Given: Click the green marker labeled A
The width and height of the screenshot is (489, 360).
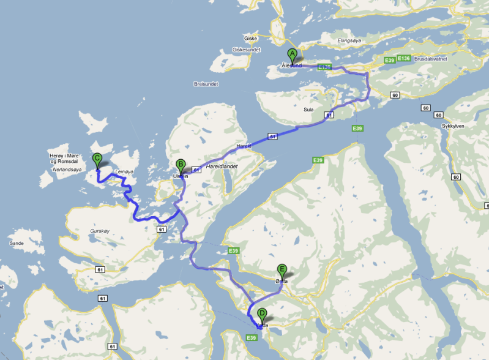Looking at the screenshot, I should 292,54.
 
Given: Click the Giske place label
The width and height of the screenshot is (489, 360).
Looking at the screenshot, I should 250,38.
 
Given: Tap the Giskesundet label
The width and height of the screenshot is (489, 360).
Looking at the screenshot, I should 246,50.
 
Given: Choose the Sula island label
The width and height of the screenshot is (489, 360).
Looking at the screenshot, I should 308,110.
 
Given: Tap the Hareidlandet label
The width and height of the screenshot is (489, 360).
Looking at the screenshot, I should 221,166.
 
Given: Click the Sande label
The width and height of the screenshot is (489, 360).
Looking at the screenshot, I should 17,243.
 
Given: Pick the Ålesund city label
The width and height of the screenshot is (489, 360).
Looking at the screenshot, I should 291,66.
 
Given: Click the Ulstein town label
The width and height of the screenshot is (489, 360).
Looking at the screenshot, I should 181,176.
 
